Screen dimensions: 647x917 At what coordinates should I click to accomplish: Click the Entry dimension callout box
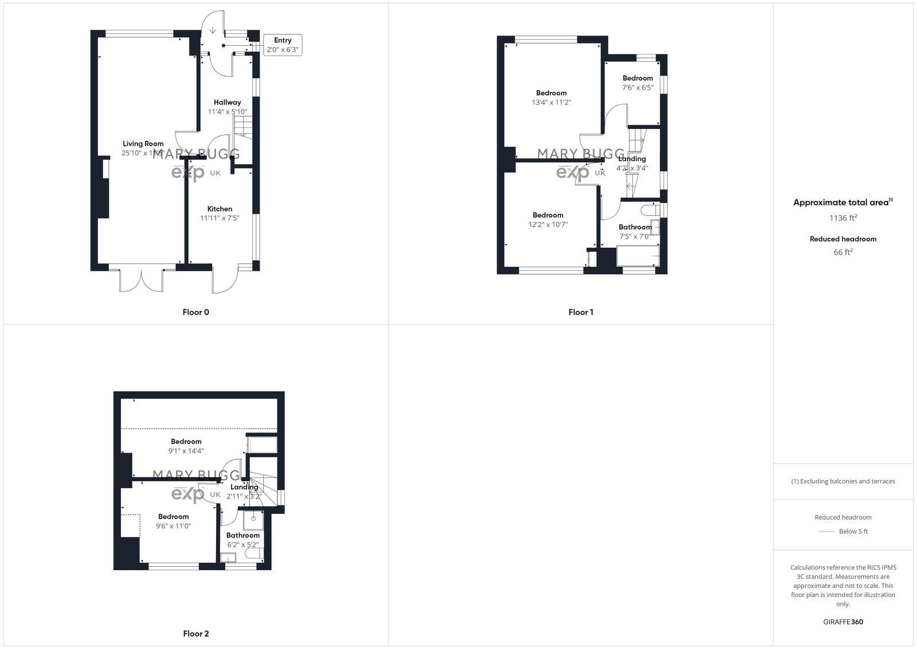[283, 45]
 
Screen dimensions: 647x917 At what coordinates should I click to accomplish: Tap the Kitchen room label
[220, 209]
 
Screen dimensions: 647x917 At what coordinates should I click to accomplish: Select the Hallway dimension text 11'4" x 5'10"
[228, 112]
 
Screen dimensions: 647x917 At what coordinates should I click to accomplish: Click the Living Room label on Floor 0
[143, 144]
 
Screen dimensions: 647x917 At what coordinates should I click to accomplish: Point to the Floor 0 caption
[196, 312]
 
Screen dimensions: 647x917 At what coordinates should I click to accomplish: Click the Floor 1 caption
[581, 312]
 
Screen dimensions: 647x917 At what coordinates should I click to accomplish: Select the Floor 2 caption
[196, 633]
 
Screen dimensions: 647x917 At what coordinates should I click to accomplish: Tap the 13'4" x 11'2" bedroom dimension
[551, 102]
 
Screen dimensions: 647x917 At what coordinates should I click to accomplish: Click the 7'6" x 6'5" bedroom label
[637, 78]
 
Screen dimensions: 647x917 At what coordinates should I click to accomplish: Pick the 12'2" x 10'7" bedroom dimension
[548, 224]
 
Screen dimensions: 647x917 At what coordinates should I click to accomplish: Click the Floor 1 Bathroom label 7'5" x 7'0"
[634, 227]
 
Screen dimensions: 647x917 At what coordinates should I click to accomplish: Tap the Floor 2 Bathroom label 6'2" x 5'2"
[242, 535]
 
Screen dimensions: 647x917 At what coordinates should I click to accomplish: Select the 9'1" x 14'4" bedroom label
[186, 442]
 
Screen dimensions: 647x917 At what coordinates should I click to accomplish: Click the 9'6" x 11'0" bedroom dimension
[174, 525]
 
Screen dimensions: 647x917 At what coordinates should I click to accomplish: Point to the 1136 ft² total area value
[843, 218]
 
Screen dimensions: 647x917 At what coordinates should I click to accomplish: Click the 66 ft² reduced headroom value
[843, 252]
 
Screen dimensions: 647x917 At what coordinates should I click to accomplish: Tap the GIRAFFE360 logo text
[843, 622]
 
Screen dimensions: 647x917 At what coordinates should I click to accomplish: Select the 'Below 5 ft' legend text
[853, 531]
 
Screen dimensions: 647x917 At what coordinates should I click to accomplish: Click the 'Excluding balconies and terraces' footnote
[843, 481]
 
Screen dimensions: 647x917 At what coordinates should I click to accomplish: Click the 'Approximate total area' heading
[841, 202]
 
